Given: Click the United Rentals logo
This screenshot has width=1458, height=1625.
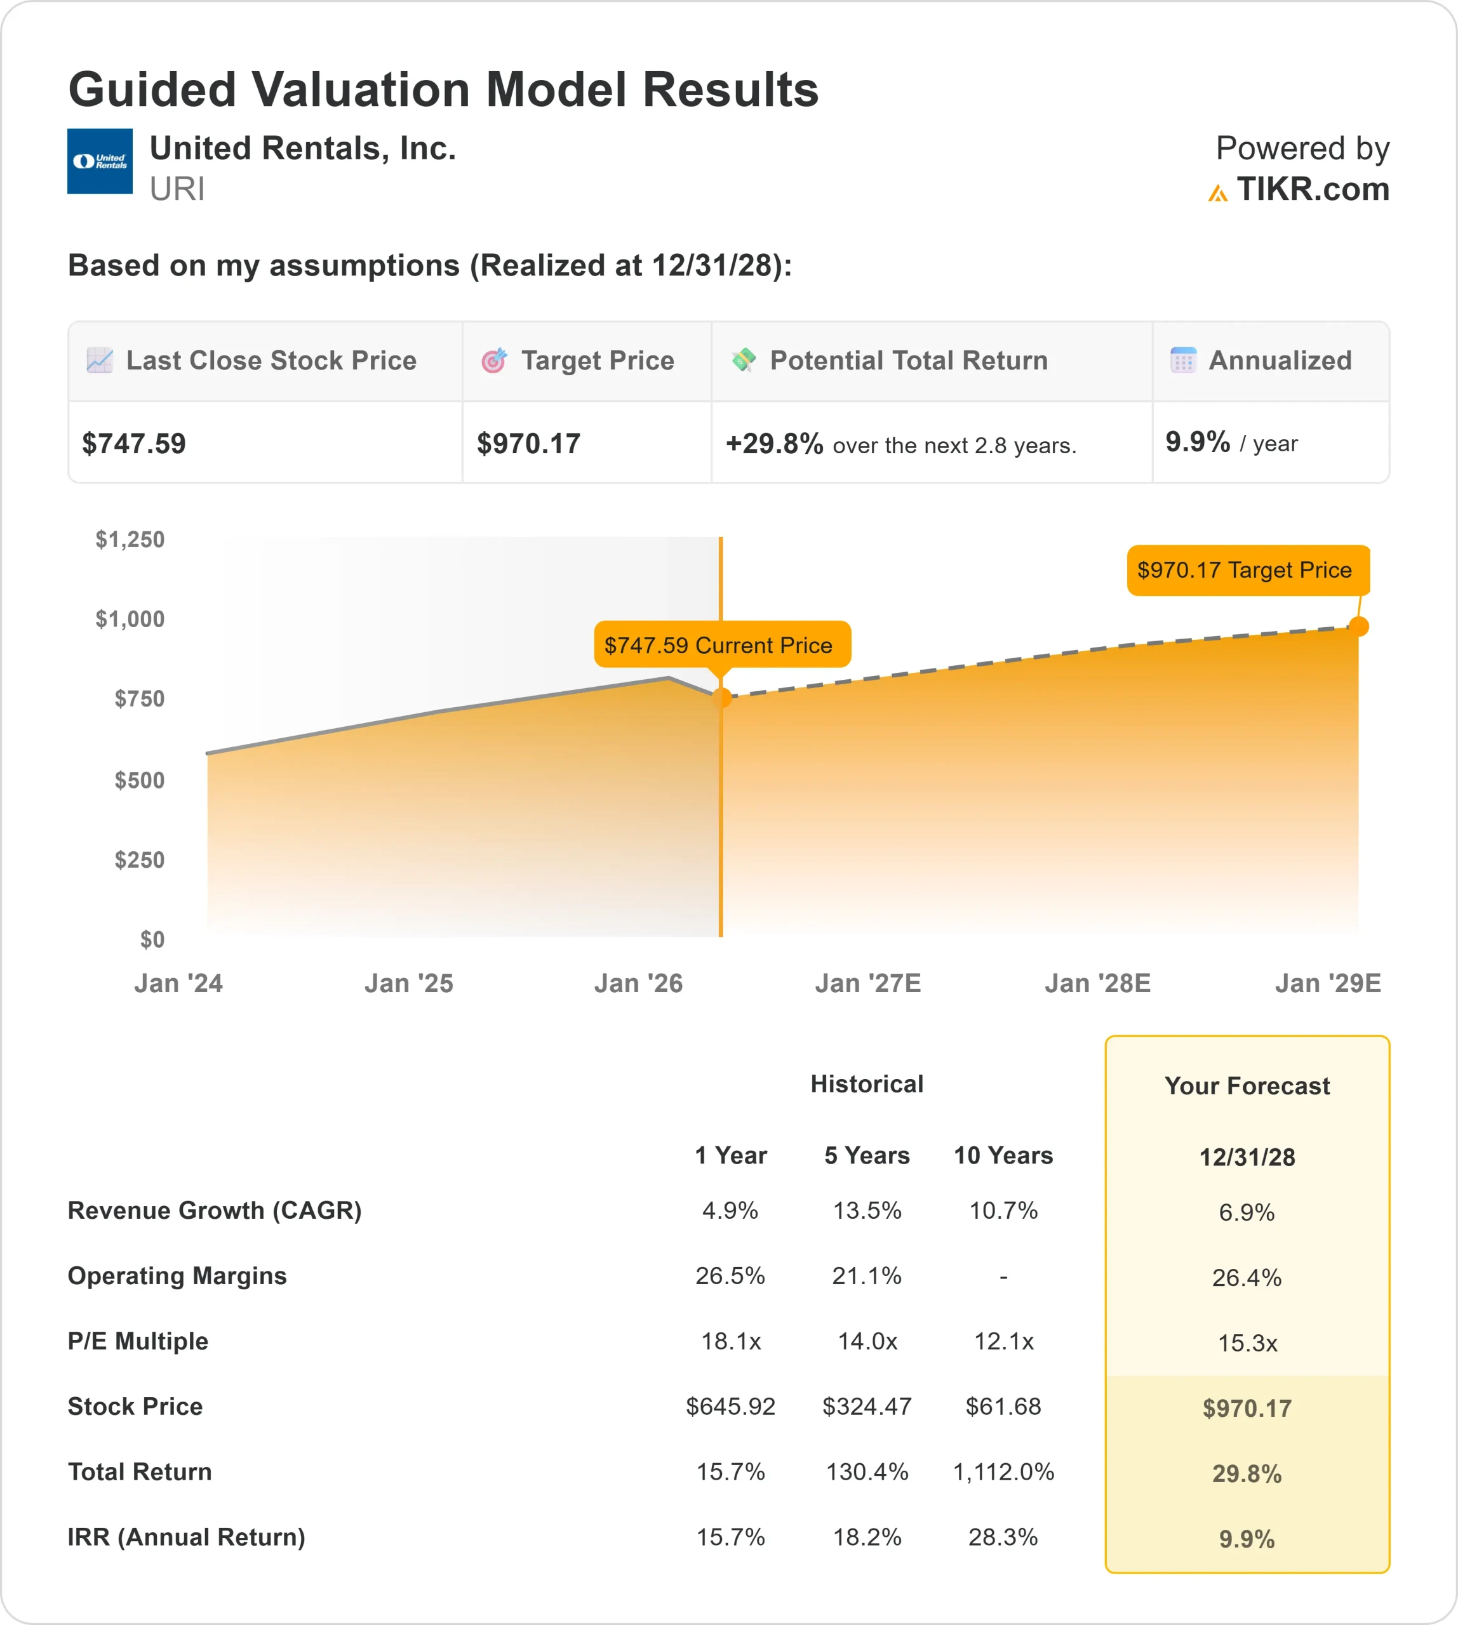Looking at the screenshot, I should tap(99, 161).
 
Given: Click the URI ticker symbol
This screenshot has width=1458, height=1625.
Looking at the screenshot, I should tap(177, 190).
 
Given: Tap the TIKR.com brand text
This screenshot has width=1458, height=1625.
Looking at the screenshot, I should tap(1312, 190).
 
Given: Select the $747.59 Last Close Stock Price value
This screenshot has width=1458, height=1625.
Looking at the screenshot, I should tap(134, 444).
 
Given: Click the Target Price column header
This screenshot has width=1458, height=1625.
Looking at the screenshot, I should tap(597, 361).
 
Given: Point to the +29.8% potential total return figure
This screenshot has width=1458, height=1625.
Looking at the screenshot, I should tap(774, 444).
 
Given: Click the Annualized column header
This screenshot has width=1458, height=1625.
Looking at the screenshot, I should tap(1280, 361).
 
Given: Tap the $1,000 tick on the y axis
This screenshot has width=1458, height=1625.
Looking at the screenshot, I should tap(130, 619).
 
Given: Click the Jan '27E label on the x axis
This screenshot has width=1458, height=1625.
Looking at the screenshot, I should tap(867, 983).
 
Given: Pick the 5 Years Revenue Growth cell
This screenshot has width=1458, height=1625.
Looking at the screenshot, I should tap(867, 1210).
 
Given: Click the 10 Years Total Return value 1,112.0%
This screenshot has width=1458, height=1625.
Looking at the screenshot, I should tap(1003, 1471).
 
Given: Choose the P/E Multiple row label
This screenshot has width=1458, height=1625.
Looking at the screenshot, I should tap(138, 1341).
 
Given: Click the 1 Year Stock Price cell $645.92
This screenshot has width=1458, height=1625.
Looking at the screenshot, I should tap(730, 1407).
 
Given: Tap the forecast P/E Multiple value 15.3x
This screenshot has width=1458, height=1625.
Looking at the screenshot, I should tap(1247, 1343).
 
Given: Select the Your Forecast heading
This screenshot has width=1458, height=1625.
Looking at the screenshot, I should tap(1247, 1086).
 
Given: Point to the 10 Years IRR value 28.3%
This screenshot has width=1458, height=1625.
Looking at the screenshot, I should tap(1003, 1537).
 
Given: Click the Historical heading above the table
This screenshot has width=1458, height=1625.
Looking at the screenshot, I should tap(867, 1084).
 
